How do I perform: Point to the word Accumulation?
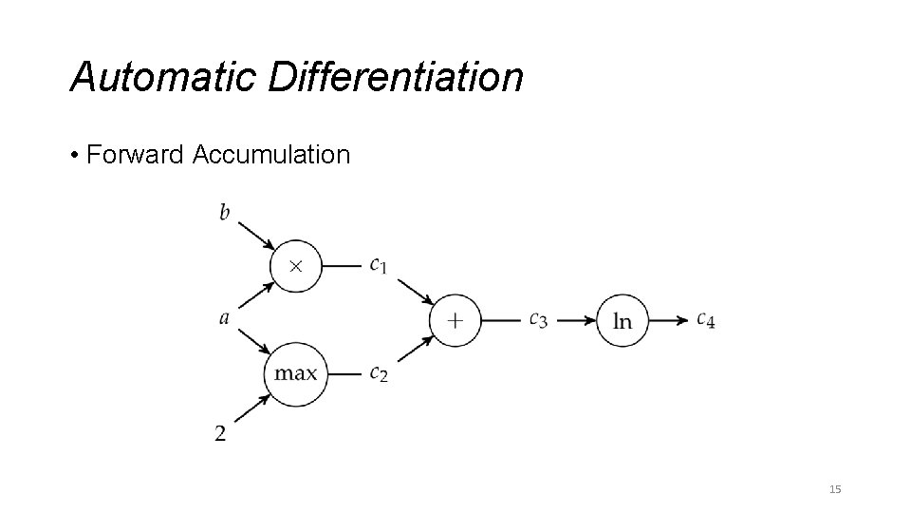[271, 154]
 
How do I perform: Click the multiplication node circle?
[295, 265]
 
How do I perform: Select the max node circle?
[295, 373]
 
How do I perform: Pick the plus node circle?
[455, 320]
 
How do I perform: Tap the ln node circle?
[623, 320]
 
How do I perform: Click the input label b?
[225, 212]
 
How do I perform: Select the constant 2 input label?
[221, 434]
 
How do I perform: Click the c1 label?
[379, 265]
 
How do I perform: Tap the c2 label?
[379, 373]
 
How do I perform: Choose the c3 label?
[538, 320]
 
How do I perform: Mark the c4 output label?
[705, 320]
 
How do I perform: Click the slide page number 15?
[835, 489]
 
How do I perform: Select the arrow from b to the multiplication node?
[255, 236]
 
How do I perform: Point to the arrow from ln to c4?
[670, 320]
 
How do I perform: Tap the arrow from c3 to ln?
[574, 320]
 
